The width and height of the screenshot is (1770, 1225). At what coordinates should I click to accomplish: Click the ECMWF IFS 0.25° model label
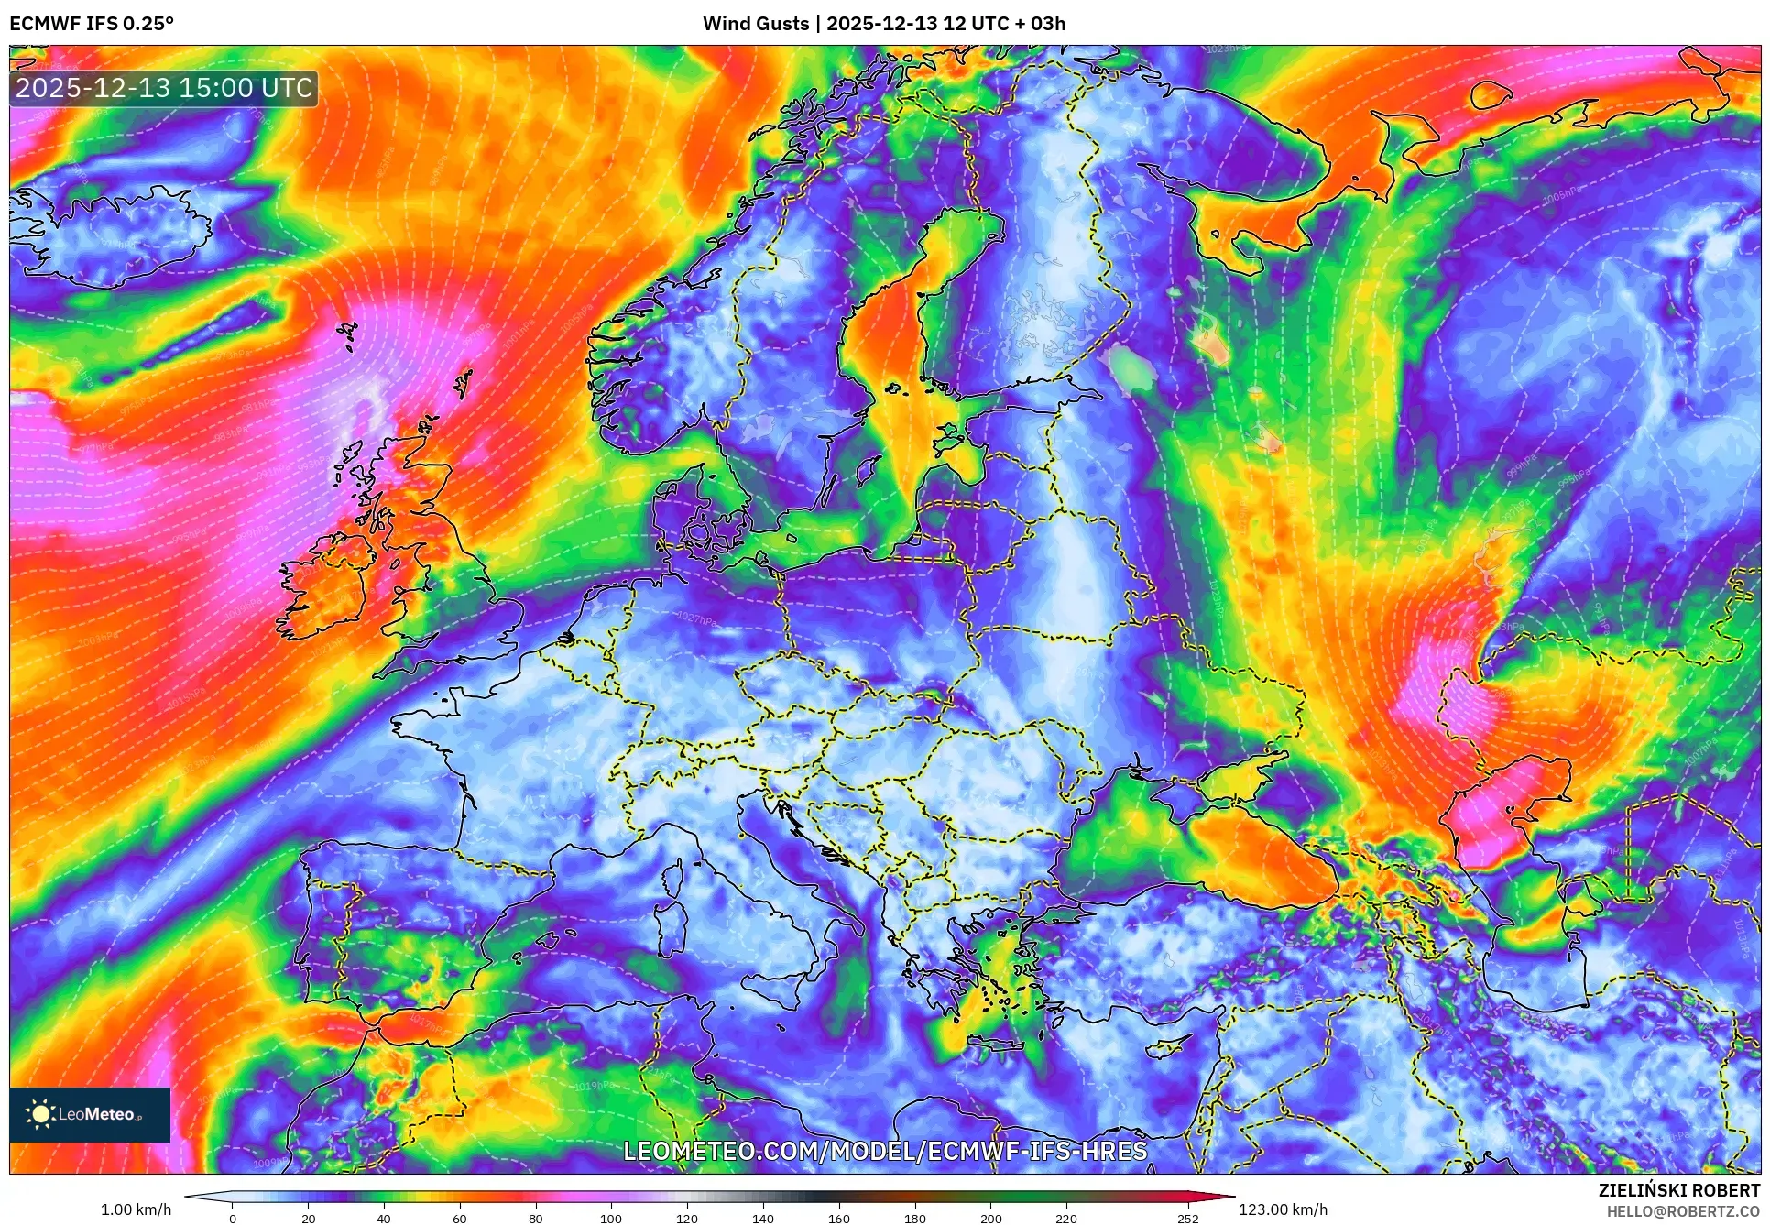(92, 24)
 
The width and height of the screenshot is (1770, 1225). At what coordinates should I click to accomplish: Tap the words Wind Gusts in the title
(756, 24)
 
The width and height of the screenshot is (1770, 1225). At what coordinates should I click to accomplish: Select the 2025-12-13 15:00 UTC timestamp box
(164, 88)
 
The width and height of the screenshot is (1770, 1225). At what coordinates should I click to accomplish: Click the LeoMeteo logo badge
(90, 1114)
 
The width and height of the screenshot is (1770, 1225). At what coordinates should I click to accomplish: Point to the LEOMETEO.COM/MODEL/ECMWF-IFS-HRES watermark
(885, 1151)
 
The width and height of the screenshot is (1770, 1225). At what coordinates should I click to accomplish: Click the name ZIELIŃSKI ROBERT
(1678, 1190)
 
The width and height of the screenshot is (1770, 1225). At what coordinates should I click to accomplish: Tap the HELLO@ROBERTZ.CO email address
(1683, 1211)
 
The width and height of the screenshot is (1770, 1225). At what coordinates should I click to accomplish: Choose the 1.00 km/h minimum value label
(136, 1209)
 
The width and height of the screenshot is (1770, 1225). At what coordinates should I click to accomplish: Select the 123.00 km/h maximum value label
(1283, 1209)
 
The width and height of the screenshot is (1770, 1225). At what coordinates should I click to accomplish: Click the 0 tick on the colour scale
(233, 1219)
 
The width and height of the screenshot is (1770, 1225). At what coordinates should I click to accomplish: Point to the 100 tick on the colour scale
(611, 1219)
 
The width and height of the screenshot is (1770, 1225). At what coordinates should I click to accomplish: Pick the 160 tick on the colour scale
(838, 1219)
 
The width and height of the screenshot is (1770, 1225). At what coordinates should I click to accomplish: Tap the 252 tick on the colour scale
(1187, 1219)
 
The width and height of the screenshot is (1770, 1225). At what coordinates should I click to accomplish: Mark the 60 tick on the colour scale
(460, 1219)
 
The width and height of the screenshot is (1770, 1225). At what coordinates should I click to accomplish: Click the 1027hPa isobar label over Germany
(696, 619)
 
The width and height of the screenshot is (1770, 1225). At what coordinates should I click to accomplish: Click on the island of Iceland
(119, 234)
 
